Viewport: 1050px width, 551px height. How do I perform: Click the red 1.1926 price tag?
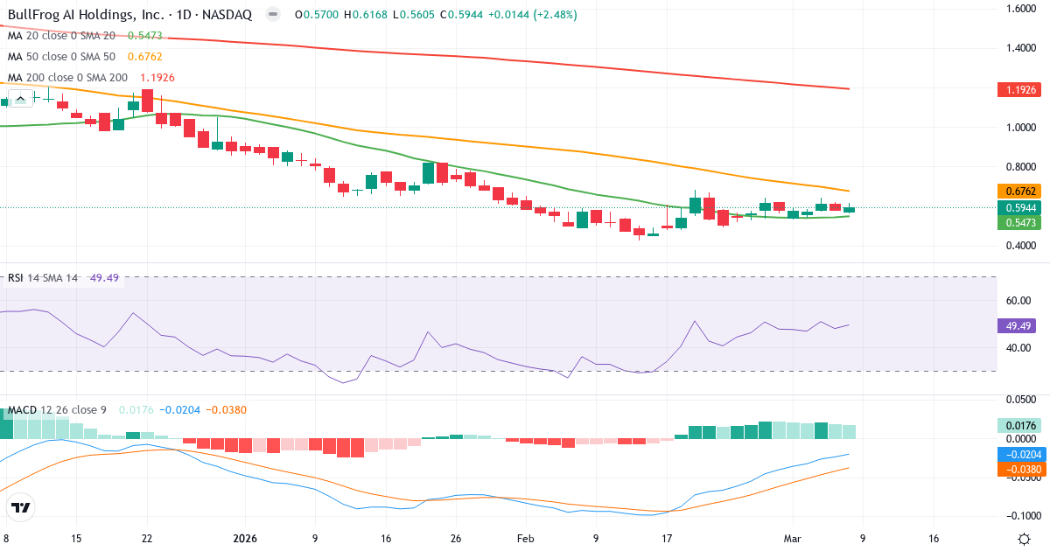[x=1020, y=90]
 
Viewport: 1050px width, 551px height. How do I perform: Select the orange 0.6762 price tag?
[x=1020, y=191]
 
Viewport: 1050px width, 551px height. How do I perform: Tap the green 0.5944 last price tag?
[x=1020, y=207]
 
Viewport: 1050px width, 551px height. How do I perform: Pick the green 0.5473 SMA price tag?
[x=1020, y=223]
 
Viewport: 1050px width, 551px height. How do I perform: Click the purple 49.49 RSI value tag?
[x=1020, y=325]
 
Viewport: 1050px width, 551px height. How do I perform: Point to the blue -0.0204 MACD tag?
[x=1020, y=455]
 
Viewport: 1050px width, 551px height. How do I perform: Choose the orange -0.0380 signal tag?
[x=1020, y=470]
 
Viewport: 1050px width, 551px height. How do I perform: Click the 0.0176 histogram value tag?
[x=1020, y=426]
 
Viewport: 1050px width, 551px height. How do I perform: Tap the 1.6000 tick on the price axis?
[x=1020, y=9]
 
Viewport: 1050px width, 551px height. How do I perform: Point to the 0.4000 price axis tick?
[x=1020, y=246]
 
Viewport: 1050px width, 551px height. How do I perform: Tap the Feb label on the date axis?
[x=524, y=539]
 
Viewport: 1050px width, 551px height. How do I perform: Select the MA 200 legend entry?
[x=66, y=78]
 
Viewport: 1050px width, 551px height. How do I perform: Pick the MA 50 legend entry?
[x=62, y=57]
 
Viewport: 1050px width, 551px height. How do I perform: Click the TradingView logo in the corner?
[x=21, y=507]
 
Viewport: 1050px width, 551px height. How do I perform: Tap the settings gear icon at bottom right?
[x=1024, y=539]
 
